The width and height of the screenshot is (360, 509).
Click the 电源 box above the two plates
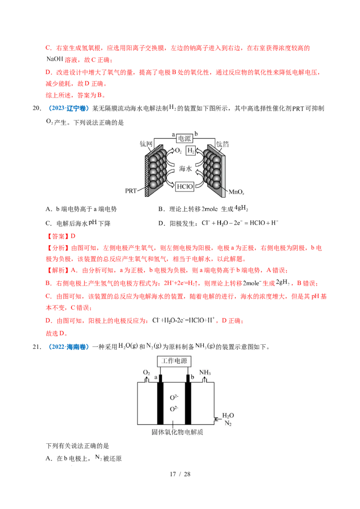tap(184, 139)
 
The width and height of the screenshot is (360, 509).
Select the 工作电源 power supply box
tap(174, 361)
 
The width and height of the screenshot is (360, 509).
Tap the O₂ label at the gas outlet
tap(146, 373)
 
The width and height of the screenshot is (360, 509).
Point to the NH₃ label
tap(205, 373)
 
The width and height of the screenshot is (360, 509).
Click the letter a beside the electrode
tap(156, 377)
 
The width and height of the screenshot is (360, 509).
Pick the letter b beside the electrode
tap(193, 377)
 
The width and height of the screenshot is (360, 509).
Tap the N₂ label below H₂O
tap(228, 424)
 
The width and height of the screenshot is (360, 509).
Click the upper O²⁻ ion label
tap(174, 398)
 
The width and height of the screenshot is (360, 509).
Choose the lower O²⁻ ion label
tap(174, 409)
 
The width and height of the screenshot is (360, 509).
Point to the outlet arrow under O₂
tap(146, 380)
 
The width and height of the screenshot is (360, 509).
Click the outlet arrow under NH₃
tap(205, 380)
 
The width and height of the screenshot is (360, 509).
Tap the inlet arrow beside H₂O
tap(216, 420)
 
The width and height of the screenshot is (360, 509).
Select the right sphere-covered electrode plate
tap(214, 171)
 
